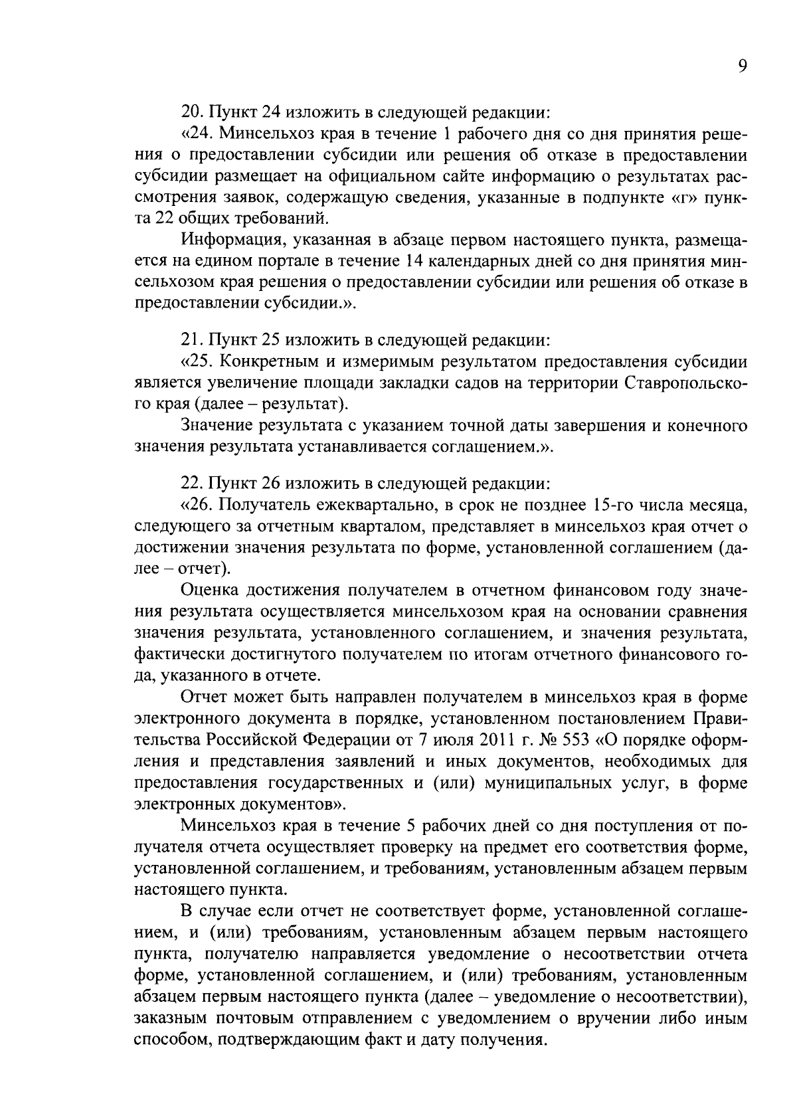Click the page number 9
point(742,66)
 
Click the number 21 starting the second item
point(191,341)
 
